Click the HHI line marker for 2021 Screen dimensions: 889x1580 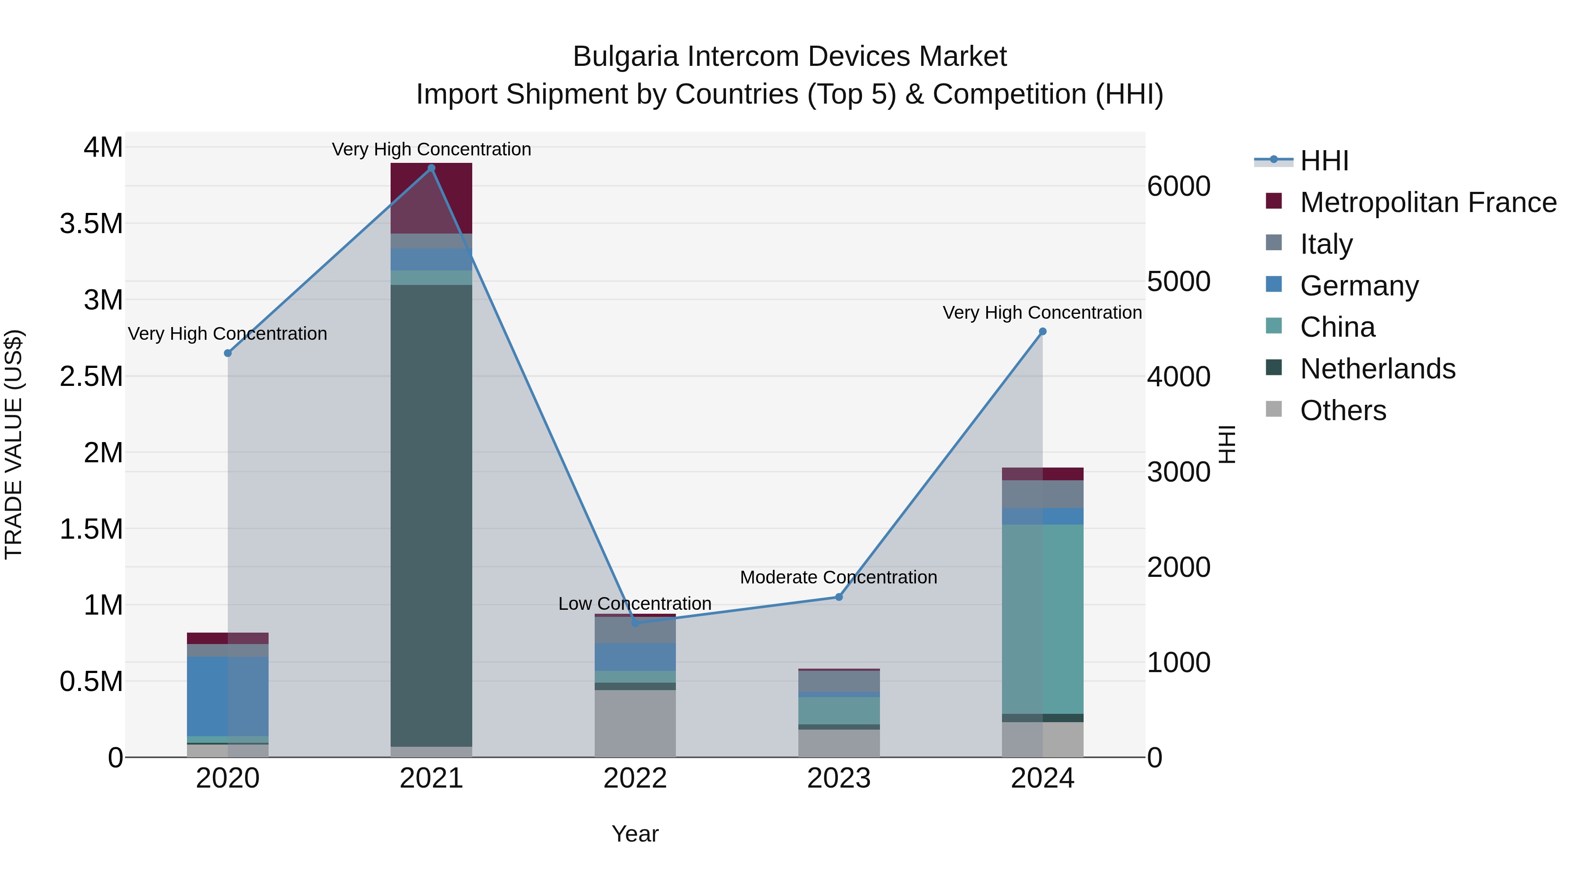(431, 168)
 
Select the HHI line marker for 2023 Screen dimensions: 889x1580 (839, 597)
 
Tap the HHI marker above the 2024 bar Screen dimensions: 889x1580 (1043, 332)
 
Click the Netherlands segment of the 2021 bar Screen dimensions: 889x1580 (431, 515)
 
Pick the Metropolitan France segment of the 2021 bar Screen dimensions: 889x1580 (431, 198)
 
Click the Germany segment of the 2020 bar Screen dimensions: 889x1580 (227, 696)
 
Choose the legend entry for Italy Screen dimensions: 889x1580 (1325, 244)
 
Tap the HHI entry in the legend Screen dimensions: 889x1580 (1324, 161)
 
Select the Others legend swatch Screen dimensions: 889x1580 (1274, 409)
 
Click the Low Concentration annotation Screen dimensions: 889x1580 (635, 604)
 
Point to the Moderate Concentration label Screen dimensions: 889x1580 (838, 577)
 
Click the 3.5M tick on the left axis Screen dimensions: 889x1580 (91, 224)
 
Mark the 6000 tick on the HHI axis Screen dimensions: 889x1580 (1179, 187)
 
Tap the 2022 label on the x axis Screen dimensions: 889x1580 (635, 778)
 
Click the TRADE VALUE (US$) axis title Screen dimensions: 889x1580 (14, 444)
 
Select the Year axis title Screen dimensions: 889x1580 (635, 834)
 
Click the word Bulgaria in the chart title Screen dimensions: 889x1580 (625, 57)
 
